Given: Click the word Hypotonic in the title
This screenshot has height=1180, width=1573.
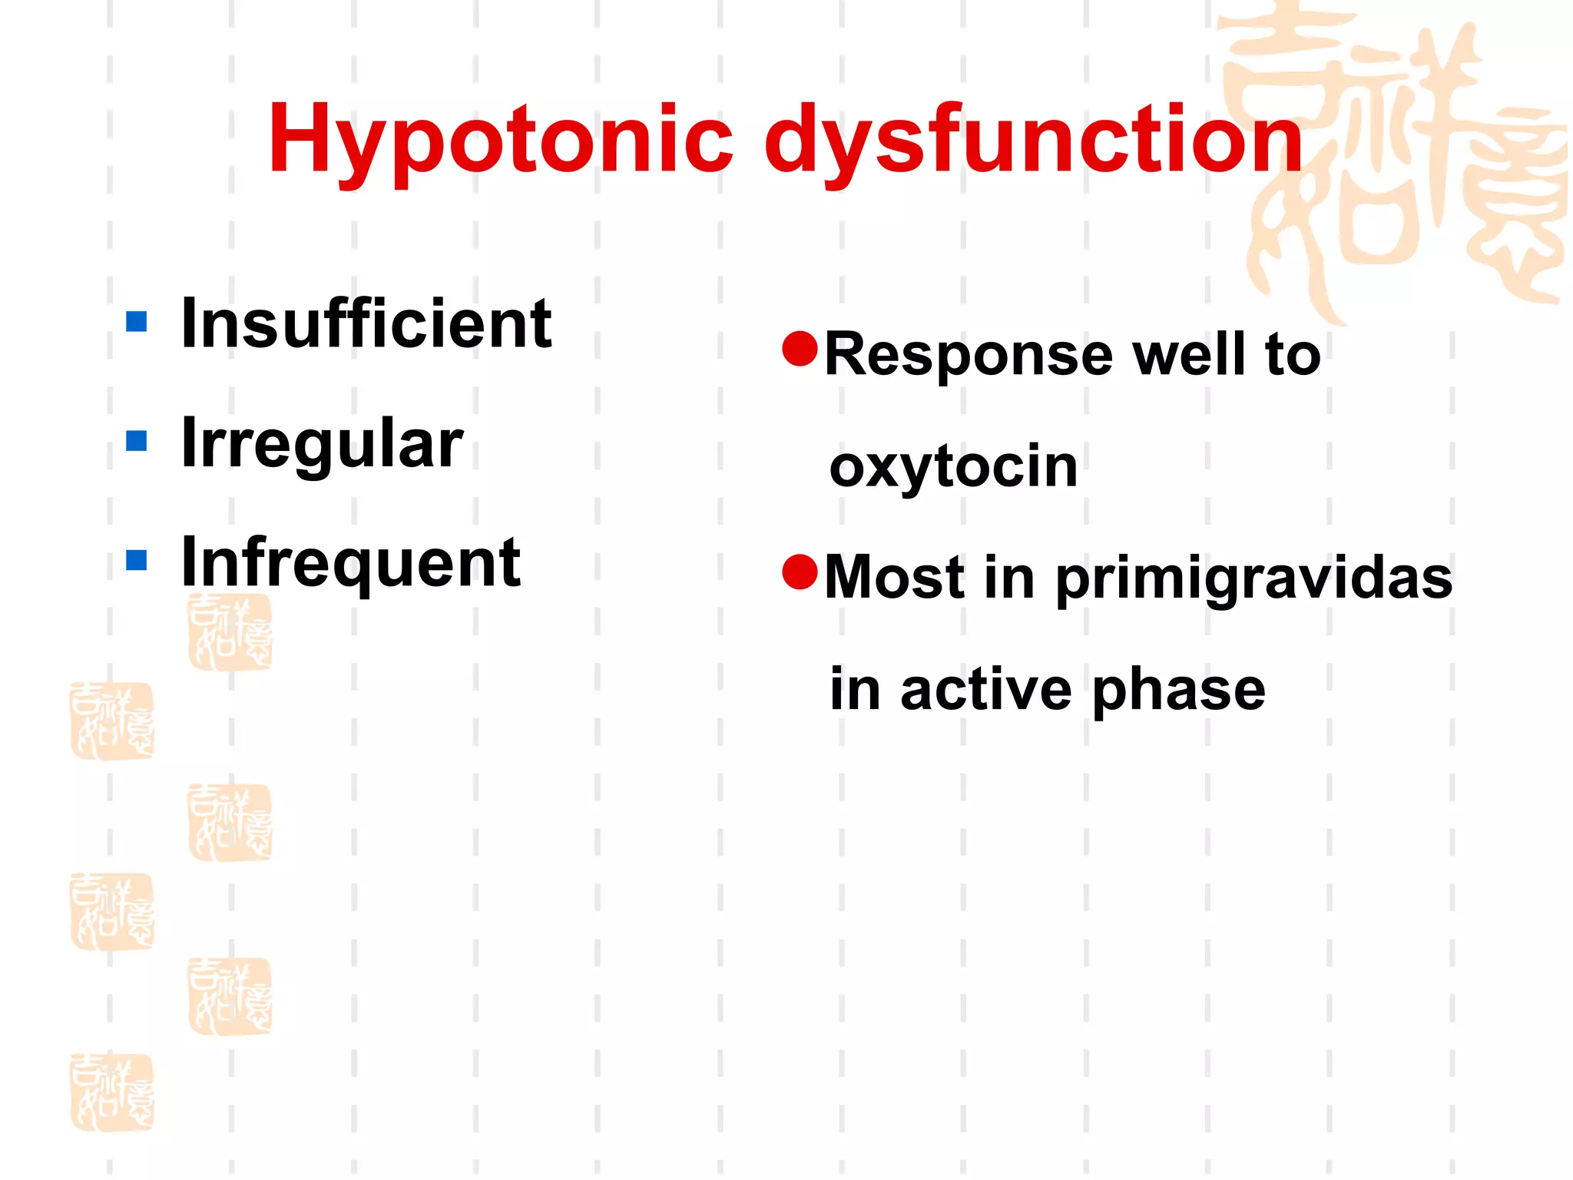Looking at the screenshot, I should coord(500,142).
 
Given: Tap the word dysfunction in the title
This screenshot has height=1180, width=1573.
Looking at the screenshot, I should coord(1032,142).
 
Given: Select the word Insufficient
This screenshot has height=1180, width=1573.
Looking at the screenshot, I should coord(366,324).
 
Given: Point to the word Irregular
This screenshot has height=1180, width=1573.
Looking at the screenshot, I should coord(322,444).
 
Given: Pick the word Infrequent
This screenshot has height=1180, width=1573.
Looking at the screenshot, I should coord(351,563).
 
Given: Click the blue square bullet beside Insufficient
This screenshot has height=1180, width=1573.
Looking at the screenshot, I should coord(137,321).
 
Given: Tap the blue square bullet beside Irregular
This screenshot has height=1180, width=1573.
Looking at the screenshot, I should coord(137,441).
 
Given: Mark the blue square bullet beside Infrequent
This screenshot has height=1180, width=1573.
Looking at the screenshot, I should coord(137,560).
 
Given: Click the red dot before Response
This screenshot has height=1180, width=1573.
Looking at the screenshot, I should coord(800,349).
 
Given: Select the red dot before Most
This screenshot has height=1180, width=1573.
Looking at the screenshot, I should coord(800,572).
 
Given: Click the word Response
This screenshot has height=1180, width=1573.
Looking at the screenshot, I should coord(969,356).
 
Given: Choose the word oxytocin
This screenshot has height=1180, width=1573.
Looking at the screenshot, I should coord(954,467).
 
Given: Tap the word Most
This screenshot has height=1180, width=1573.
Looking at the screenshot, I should coord(894,578).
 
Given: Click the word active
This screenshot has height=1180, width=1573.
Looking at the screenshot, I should coord(986,690).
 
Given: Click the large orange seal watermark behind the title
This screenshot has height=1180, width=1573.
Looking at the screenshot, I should coord(1390,161).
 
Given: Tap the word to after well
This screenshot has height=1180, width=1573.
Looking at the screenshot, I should coord(1293,355).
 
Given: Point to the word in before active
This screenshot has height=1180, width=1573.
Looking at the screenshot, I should coord(855,689).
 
